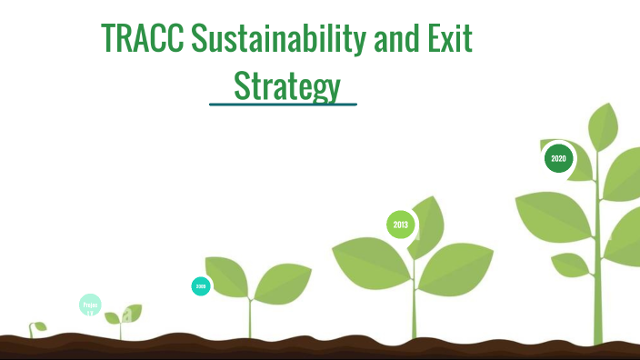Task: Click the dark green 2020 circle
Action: tap(558, 158)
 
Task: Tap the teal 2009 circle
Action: tap(201, 286)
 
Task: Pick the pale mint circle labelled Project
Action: tap(90, 305)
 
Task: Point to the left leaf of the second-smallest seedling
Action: tap(113, 318)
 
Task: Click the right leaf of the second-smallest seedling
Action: tap(133, 313)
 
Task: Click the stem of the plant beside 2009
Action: tap(250, 318)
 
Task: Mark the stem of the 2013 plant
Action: tap(415, 314)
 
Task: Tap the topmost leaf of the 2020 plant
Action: tap(604, 127)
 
